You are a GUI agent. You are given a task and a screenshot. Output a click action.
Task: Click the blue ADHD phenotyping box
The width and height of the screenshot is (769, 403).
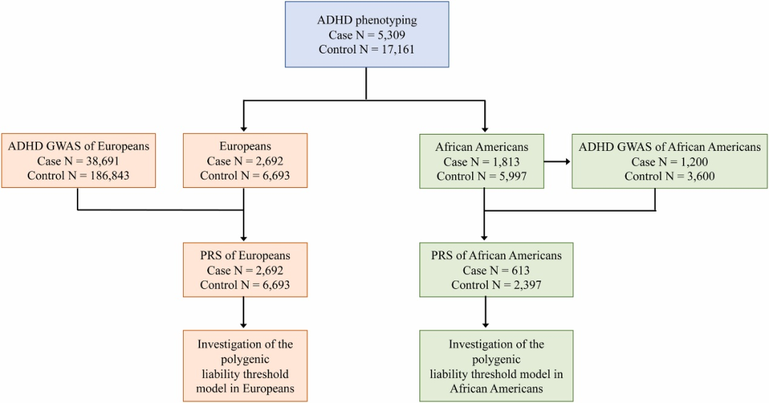(367, 35)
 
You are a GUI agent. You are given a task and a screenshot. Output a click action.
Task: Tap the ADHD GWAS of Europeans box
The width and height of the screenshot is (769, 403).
(78, 161)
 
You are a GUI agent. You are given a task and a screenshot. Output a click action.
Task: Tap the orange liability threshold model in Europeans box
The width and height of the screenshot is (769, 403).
(245, 366)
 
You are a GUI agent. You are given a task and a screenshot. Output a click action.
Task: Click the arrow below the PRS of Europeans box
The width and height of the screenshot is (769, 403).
(245, 313)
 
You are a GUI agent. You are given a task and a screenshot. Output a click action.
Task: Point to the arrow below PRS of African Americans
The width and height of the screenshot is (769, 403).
(485, 313)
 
